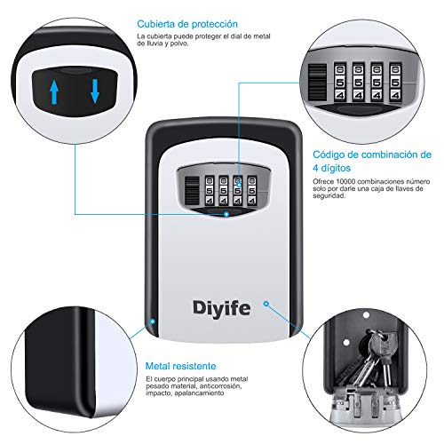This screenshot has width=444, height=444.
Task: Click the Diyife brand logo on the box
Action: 221,309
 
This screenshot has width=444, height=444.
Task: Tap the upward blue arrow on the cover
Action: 54,92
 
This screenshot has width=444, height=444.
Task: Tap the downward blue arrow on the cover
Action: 95,91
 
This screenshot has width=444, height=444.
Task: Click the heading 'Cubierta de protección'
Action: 187,24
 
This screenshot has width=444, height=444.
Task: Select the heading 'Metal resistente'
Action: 180,366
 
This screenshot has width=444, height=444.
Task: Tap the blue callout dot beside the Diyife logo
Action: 266,304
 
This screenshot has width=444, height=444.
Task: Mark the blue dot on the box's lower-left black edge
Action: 153,321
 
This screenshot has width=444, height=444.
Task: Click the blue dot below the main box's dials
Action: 226,214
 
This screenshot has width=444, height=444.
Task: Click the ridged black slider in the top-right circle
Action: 317,83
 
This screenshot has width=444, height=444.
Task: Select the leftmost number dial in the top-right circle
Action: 340,83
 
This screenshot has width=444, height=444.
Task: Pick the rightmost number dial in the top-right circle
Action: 395,83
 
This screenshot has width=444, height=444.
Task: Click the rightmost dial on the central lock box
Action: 251,191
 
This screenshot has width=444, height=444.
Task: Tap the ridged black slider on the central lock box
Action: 192,191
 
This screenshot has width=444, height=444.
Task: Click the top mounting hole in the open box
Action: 366,315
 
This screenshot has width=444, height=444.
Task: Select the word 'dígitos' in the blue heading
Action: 336,169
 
